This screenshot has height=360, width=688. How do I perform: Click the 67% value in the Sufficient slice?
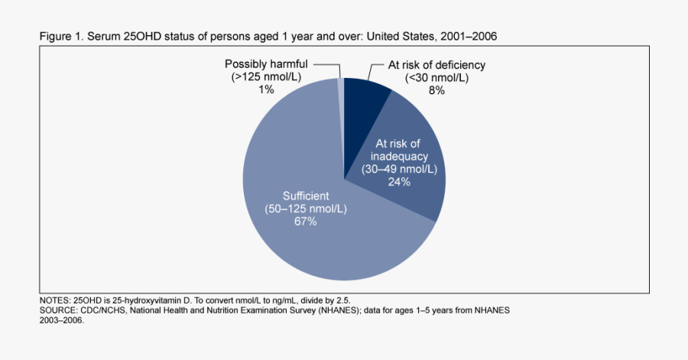tap(305, 222)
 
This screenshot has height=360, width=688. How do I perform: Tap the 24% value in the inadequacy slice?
tap(398, 182)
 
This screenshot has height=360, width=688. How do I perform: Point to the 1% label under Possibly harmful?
tap(266, 90)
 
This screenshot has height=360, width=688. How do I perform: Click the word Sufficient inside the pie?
tap(305, 196)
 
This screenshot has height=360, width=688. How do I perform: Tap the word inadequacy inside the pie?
tap(398, 156)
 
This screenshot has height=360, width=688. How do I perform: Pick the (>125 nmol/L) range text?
tap(266, 78)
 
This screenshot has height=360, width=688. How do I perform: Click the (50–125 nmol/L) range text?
tap(305, 209)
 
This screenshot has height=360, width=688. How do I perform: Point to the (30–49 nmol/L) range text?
tap(398, 169)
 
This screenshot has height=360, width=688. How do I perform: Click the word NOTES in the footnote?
tap(54, 301)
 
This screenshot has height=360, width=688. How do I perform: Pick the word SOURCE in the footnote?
tap(58, 311)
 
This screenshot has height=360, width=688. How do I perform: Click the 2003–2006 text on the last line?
tap(61, 321)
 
